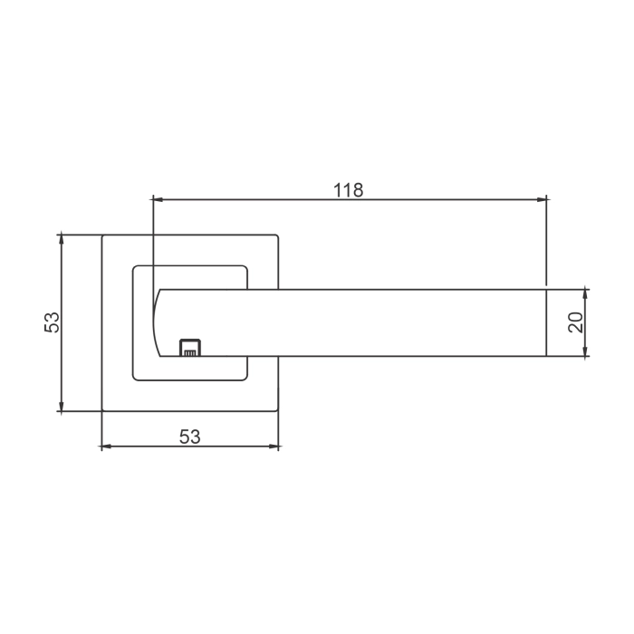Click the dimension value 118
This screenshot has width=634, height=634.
[x=348, y=190]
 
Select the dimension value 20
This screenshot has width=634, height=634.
[x=575, y=322]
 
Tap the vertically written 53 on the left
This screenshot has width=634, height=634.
[x=52, y=322]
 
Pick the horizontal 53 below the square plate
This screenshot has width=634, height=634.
[x=189, y=437]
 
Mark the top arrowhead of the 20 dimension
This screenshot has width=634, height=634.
[x=586, y=293]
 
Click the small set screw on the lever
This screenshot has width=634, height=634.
[x=189, y=347]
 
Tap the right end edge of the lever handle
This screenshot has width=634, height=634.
[x=547, y=322]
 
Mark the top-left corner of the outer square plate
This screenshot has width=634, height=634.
[x=102, y=235]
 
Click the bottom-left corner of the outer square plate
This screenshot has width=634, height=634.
[x=102, y=412]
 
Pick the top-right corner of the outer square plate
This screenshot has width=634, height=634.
[x=278, y=235]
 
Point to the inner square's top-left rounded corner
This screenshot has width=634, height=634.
[x=136, y=268]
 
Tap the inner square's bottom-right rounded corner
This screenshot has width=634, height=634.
[x=245, y=376]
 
